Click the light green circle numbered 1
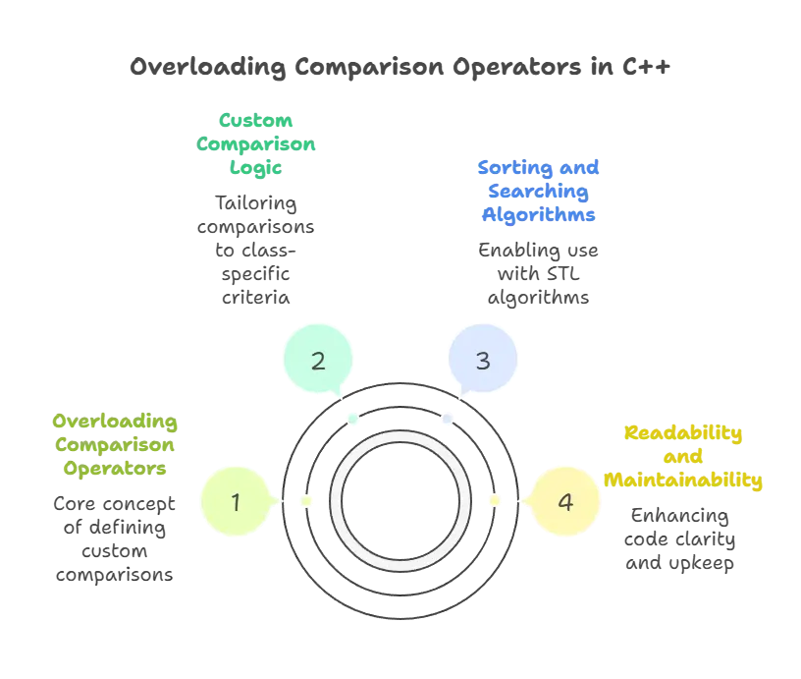pos(236,502)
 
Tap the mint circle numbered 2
pos(318,361)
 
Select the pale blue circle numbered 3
pos(482,361)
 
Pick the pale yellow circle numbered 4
pos(564,502)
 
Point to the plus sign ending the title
pos(668,67)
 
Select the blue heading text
pos(539,190)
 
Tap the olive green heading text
pos(114,445)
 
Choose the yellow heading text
pos(683,457)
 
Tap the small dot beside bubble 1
pos(306,502)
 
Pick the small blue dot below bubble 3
pos(447,420)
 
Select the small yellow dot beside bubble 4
pos(494,501)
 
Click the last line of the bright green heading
pos(255,168)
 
